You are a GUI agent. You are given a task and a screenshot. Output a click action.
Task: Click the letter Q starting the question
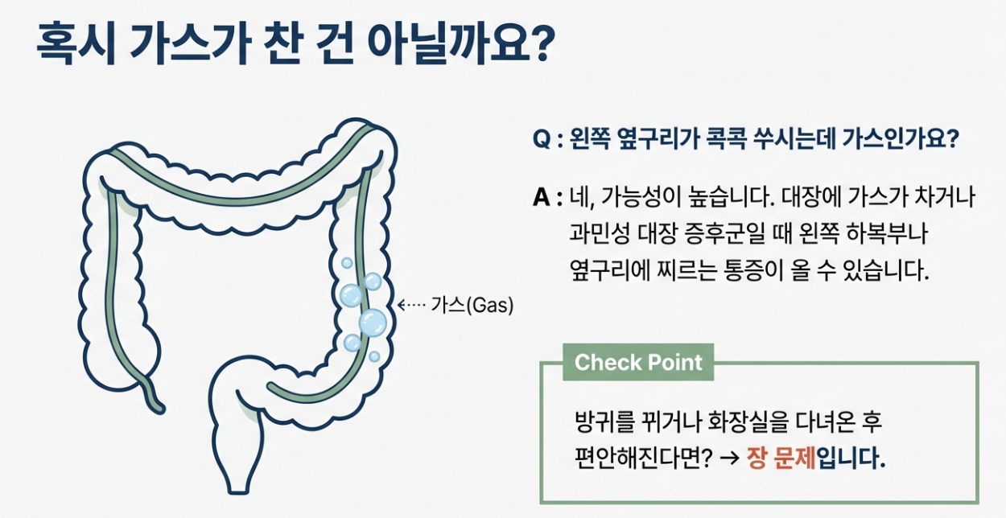[x=541, y=138]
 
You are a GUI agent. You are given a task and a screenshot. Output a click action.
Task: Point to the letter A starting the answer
[x=541, y=199]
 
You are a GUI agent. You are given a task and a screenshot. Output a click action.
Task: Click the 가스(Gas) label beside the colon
[x=472, y=306]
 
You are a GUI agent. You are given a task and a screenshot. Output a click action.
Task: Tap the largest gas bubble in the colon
[x=373, y=323]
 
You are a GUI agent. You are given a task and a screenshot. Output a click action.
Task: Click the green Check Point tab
[x=638, y=362]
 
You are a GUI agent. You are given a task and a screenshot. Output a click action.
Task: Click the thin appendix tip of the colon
[x=158, y=402]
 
